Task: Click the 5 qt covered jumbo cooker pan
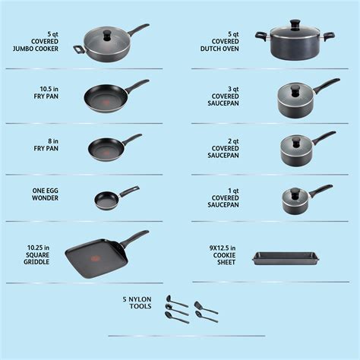coord(106,46)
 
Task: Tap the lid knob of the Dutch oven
coord(289,32)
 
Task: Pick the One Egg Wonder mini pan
coord(106,201)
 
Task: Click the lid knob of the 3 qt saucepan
coord(289,85)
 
